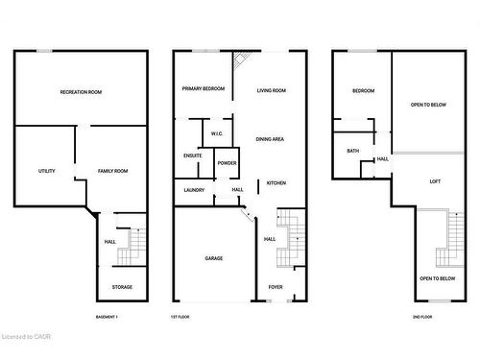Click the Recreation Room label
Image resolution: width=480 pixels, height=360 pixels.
pyautogui.click(x=81, y=91)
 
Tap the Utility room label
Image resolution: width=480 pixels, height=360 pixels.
pyautogui.click(x=46, y=171)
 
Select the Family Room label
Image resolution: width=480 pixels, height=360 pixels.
pyautogui.click(x=113, y=171)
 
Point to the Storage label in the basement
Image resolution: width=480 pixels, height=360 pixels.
pyautogui.click(x=122, y=287)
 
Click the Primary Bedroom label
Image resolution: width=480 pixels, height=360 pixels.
pyautogui.click(x=204, y=89)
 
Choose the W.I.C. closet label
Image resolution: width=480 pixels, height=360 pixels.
pyautogui.click(x=217, y=132)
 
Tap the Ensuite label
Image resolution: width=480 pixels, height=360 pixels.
pyautogui.click(x=192, y=156)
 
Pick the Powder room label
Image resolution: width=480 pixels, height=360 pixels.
pyautogui.click(x=227, y=163)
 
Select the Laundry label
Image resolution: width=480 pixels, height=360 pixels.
pyautogui.click(x=194, y=190)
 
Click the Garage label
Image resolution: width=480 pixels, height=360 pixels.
pyautogui.click(x=213, y=258)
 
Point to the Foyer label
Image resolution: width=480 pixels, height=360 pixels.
pyautogui.click(x=276, y=287)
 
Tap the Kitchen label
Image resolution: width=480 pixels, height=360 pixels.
pyautogui.click(x=276, y=182)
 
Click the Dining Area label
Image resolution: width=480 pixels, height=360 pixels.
pyautogui.click(x=270, y=139)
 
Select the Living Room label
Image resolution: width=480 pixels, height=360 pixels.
pyautogui.click(x=272, y=90)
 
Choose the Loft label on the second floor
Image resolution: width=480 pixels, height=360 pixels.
pyautogui.click(x=434, y=181)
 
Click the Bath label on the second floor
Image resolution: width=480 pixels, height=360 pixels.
pyautogui.click(x=352, y=151)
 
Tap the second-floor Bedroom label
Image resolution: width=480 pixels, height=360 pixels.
pyautogui.click(x=363, y=91)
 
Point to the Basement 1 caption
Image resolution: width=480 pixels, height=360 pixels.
pyautogui.click(x=108, y=317)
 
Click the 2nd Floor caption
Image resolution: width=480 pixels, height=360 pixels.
pyautogui.click(x=421, y=317)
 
